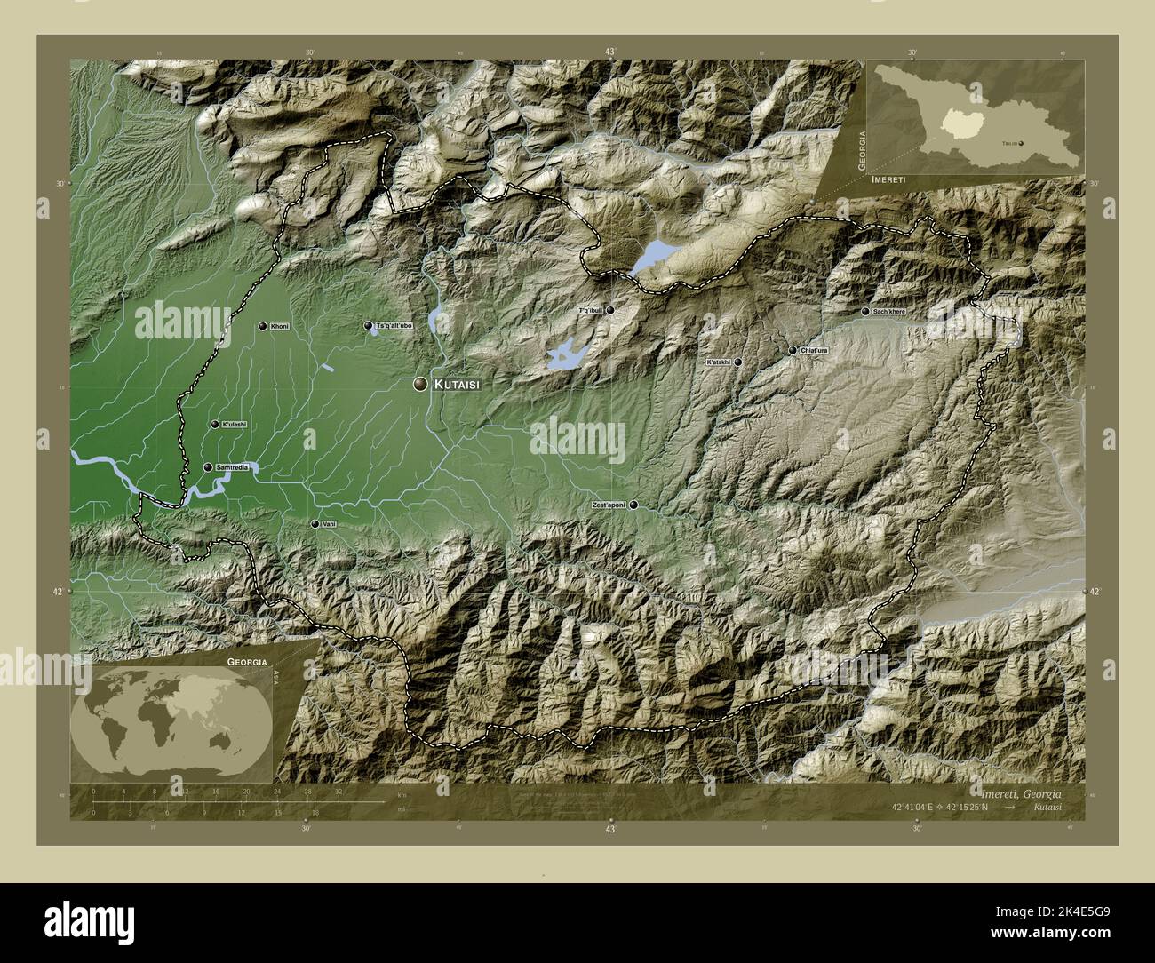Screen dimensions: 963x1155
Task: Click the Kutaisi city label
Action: pos(458,385)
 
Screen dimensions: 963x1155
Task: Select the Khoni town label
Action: pos(280,327)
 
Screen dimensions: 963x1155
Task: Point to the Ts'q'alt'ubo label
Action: pos(394,327)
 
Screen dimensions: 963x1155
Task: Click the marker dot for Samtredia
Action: pos(208,467)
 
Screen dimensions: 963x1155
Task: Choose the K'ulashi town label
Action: pos(235,425)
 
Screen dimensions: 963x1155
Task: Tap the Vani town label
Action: pos(329,524)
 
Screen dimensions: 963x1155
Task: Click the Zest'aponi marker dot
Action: pos(633,505)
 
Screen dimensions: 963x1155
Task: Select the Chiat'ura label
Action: pos(814,351)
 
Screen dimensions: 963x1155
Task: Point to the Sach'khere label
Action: pos(889,312)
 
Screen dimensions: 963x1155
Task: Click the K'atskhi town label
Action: pos(718,362)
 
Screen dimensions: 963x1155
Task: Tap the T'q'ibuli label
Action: pos(591,310)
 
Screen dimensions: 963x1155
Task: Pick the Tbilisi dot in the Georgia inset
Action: pos(1020,141)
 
